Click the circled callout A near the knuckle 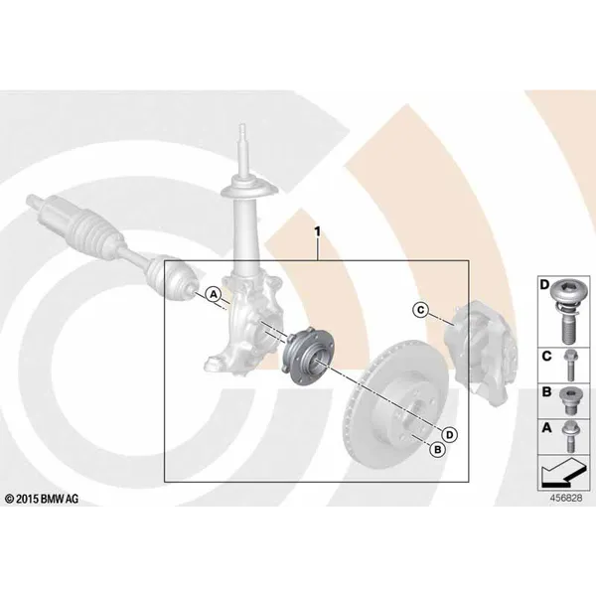coord(214,294)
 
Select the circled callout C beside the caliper coord(420,310)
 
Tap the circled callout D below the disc coord(450,434)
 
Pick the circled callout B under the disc coord(437,450)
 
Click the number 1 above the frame coord(317,231)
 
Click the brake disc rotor coord(395,408)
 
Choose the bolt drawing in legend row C coord(569,365)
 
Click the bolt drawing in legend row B coord(568,401)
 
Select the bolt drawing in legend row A coord(569,436)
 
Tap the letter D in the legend coord(544,283)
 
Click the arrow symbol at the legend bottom coord(563,472)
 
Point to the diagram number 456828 coord(566,498)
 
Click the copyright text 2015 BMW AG coord(42,499)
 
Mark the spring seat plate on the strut coord(249,190)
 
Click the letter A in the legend coord(546,427)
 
